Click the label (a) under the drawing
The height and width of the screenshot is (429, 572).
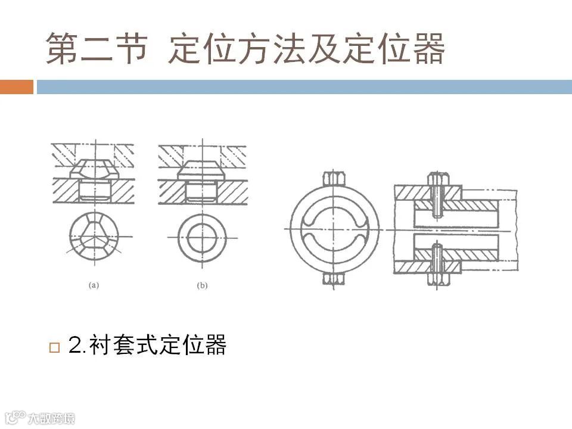(x=94, y=286)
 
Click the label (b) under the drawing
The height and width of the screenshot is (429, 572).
(x=202, y=286)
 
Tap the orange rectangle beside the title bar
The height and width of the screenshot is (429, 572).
(x=17, y=87)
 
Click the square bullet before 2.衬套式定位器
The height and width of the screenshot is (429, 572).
(x=55, y=347)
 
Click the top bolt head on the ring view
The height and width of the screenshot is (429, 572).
(x=331, y=180)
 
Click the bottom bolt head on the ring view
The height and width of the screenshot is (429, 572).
(x=331, y=278)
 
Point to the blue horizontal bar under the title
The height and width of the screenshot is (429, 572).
(x=304, y=87)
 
